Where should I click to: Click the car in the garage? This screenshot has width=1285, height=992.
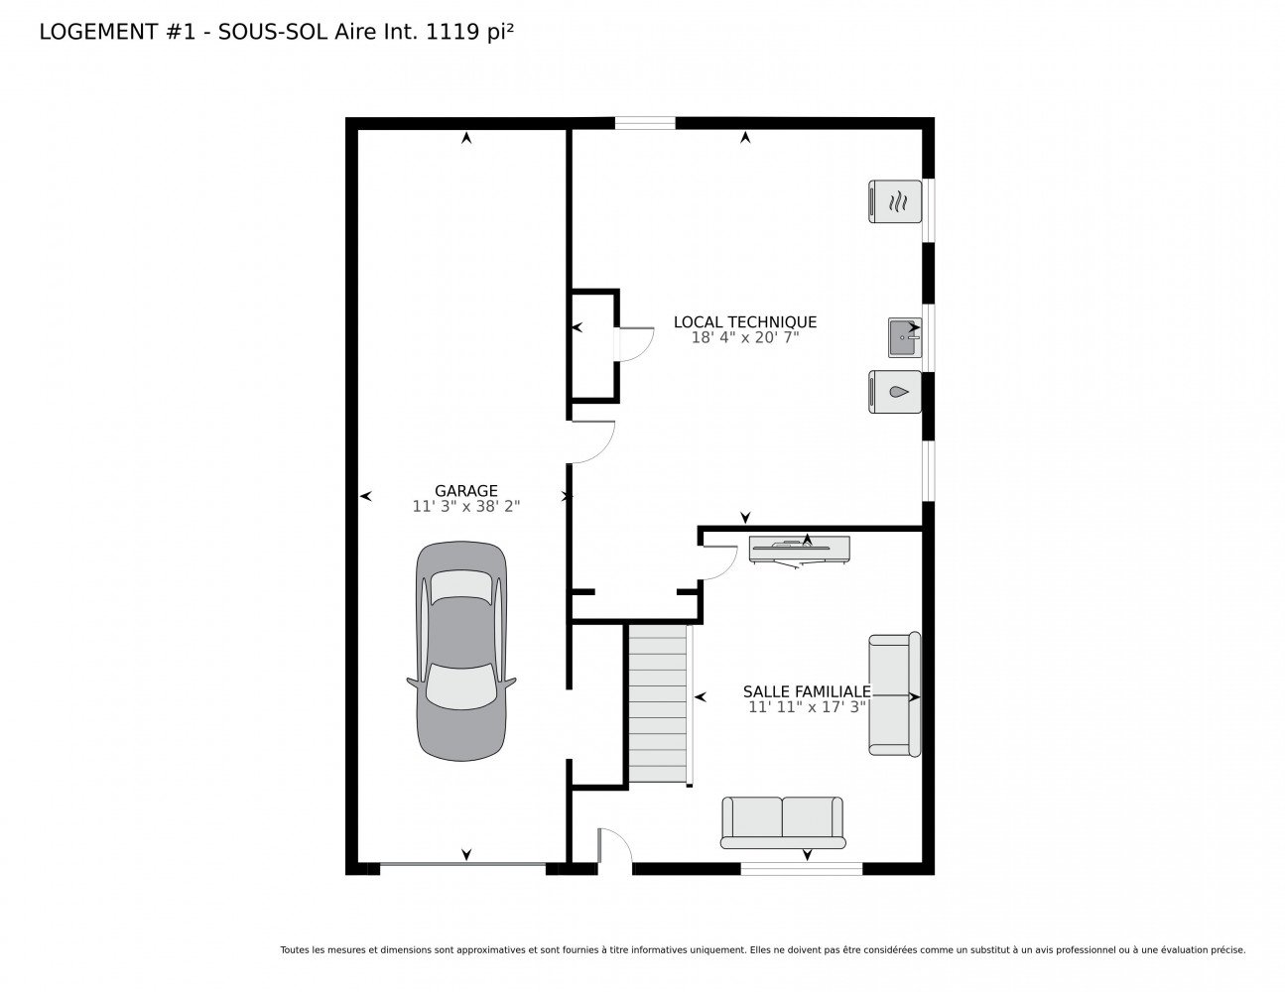tap(460, 651)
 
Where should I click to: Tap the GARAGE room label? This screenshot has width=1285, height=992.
tap(466, 491)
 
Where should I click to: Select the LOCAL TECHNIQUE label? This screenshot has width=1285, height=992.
tap(745, 322)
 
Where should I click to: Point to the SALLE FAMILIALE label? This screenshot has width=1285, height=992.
tap(807, 691)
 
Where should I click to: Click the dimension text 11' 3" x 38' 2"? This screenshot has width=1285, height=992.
tap(466, 506)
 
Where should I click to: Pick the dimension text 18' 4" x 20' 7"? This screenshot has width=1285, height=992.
tap(745, 337)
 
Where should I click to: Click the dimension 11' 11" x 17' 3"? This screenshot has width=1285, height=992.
tap(807, 707)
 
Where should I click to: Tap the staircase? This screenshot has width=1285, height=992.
tap(659, 704)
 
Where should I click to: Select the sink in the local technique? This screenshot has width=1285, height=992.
tap(904, 337)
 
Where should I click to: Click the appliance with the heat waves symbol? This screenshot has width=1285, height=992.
tap(895, 201)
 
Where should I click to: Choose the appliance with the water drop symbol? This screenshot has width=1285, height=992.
tap(895, 392)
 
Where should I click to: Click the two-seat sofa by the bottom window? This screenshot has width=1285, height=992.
tap(782, 822)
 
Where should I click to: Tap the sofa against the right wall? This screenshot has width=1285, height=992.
tap(894, 694)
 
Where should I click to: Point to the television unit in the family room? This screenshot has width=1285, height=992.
tap(800, 551)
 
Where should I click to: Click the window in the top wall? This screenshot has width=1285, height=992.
tap(645, 123)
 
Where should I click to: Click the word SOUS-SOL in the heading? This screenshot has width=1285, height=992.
tap(273, 32)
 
